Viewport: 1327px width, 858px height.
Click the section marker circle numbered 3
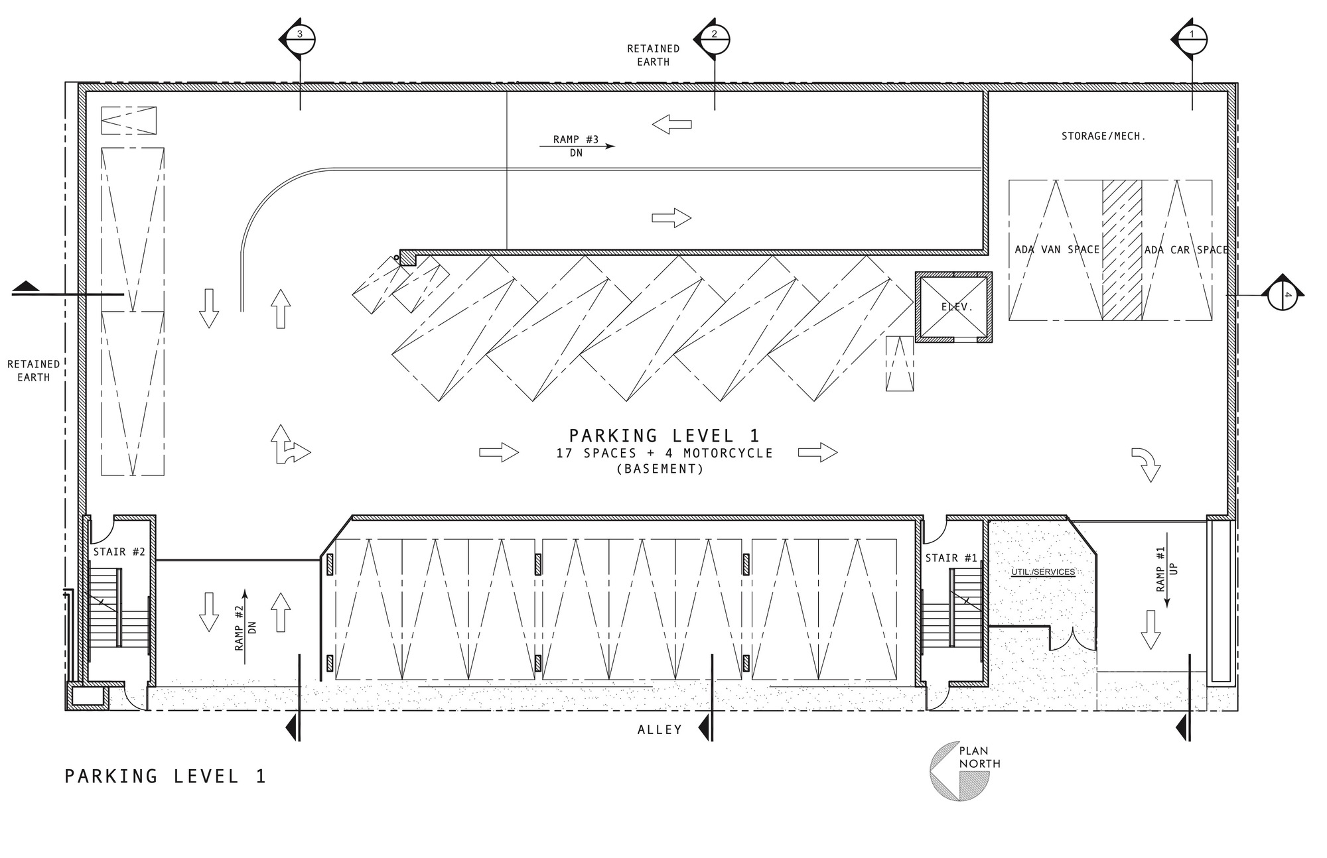(300, 39)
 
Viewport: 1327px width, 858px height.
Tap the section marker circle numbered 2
(715, 39)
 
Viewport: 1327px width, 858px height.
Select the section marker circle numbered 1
(1192, 39)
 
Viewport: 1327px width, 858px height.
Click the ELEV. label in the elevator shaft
(957, 307)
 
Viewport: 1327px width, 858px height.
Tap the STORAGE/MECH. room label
(1103, 136)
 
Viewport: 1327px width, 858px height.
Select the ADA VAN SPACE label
(1057, 249)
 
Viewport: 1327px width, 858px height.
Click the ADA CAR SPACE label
(1186, 249)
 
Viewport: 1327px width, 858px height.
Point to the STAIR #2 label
(119, 551)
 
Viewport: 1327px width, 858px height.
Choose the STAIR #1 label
(951, 558)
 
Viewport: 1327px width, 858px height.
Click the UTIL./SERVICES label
(1043, 572)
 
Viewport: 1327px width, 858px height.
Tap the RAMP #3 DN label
(576, 146)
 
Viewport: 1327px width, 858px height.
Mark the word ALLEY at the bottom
(660, 729)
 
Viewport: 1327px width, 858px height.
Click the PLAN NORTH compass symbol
(960, 770)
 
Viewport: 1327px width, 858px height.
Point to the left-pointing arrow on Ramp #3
(671, 124)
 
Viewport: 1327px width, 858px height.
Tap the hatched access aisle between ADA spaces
(1122, 250)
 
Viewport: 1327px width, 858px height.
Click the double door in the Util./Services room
(1072, 638)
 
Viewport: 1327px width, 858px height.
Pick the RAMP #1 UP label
(1166, 569)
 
